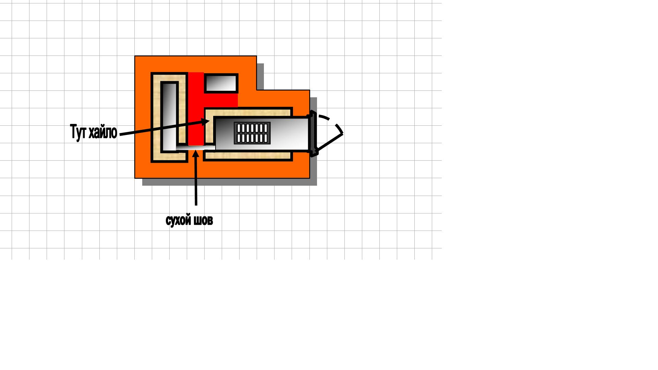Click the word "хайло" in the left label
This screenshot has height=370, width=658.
103,132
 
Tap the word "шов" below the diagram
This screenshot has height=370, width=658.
203,220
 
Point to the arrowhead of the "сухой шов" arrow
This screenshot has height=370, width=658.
195,154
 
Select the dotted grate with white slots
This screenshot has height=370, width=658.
252,133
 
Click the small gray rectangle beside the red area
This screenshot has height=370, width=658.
221,83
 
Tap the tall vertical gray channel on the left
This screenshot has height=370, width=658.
169,116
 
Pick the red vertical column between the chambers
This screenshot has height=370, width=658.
196,109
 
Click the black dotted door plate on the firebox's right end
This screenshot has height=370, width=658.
313,133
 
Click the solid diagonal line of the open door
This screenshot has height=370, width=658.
330,142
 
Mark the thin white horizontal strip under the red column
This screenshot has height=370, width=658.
196,148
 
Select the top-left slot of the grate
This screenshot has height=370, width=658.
239,128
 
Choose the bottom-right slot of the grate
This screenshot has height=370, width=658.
265,138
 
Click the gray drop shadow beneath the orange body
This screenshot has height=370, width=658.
230,182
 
